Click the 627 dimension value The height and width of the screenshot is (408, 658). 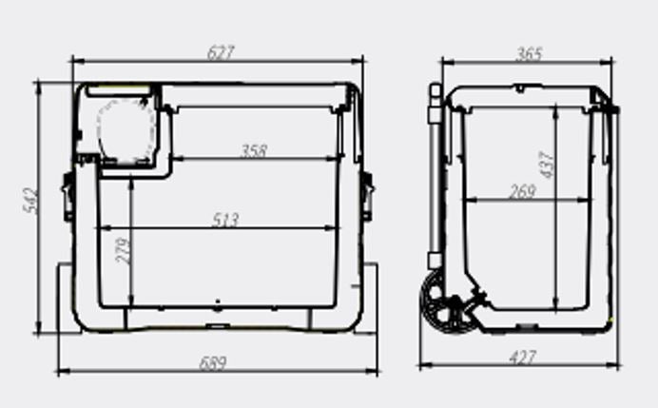pyautogui.click(x=221, y=53)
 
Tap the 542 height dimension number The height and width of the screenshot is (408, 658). pyautogui.click(x=31, y=201)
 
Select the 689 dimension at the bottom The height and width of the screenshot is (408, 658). pyautogui.click(x=213, y=362)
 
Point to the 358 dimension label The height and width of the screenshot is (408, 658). pyautogui.click(x=254, y=150)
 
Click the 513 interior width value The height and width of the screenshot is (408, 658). pyautogui.click(x=225, y=220)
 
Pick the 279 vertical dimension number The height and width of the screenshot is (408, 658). pyautogui.click(x=124, y=250)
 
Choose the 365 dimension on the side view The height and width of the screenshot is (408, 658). pyautogui.click(x=530, y=53)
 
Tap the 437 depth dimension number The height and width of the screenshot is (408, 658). pyautogui.click(x=547, y=165)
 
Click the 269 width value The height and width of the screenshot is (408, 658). pyautogui.click(x=523, y=191)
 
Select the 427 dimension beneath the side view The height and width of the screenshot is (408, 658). pyautogui.click(x=522, y=358)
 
